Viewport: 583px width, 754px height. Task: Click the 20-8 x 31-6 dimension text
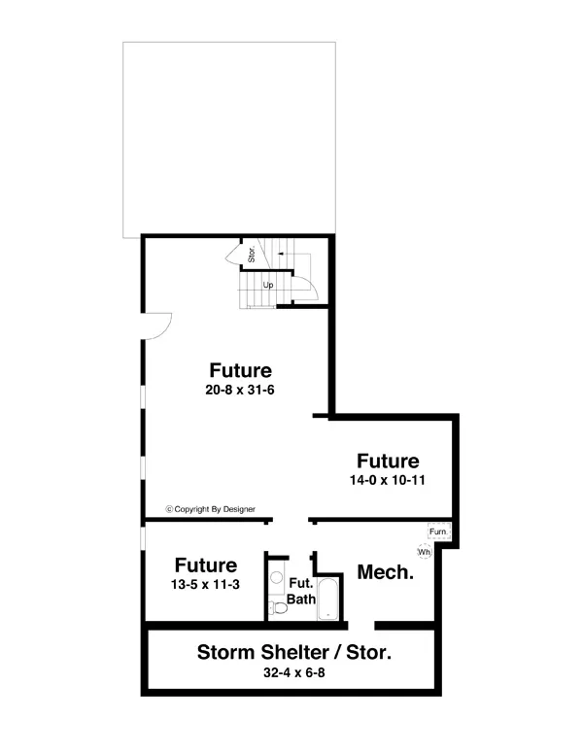240,391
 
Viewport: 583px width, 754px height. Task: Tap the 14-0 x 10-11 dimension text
388,481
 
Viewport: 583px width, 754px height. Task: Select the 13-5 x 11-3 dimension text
206,585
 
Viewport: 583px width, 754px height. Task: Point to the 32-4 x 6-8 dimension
293,672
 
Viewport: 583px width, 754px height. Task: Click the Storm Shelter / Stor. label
294,652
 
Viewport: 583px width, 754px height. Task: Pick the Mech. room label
386,572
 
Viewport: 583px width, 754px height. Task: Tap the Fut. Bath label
300,592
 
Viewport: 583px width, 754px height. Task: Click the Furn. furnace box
439,532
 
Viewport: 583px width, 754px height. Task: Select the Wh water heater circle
424,552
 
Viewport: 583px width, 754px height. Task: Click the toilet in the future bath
279,607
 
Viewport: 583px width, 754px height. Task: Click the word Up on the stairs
268,285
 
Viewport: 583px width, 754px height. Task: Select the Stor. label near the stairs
251,257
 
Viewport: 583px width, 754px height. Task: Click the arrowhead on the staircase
280,253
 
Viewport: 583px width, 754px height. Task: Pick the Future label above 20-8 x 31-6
240,370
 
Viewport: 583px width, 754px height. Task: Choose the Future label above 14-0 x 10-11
388,461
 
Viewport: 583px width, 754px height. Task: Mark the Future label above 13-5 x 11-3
206,565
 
